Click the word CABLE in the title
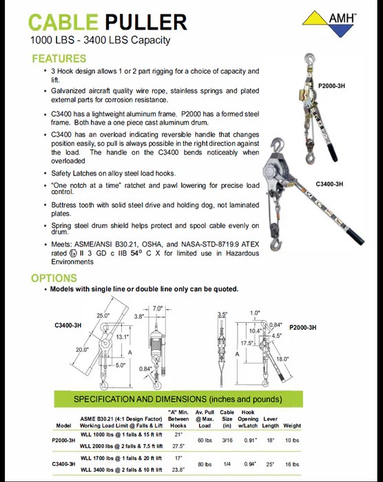coord(65,22)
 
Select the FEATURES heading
coord(59,59)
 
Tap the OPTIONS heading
coord(54,278)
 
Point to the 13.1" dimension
coord(122,337)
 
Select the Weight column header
coord(292,426)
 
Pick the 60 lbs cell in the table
coord(205,439)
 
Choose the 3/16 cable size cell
coord(227,439)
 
